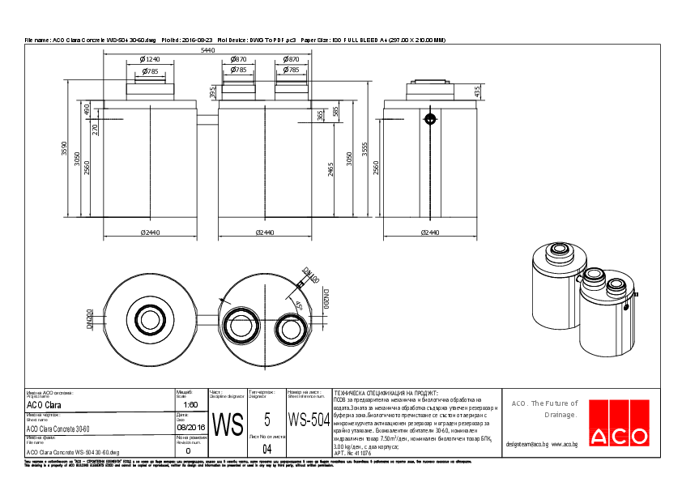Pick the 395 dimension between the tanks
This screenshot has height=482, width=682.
pos(213,95)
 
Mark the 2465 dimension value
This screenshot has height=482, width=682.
pos(331,168)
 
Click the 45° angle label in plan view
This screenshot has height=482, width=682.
pos(299,306)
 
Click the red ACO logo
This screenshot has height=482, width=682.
pos(620,424)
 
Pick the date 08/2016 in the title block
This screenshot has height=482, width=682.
pos(190,425)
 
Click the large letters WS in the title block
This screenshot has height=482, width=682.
pos(228,424)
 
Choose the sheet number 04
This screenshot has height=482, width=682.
pos(267,448)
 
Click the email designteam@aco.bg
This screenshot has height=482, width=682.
pos(527,444)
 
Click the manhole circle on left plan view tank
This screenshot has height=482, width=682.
pos(150,317)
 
